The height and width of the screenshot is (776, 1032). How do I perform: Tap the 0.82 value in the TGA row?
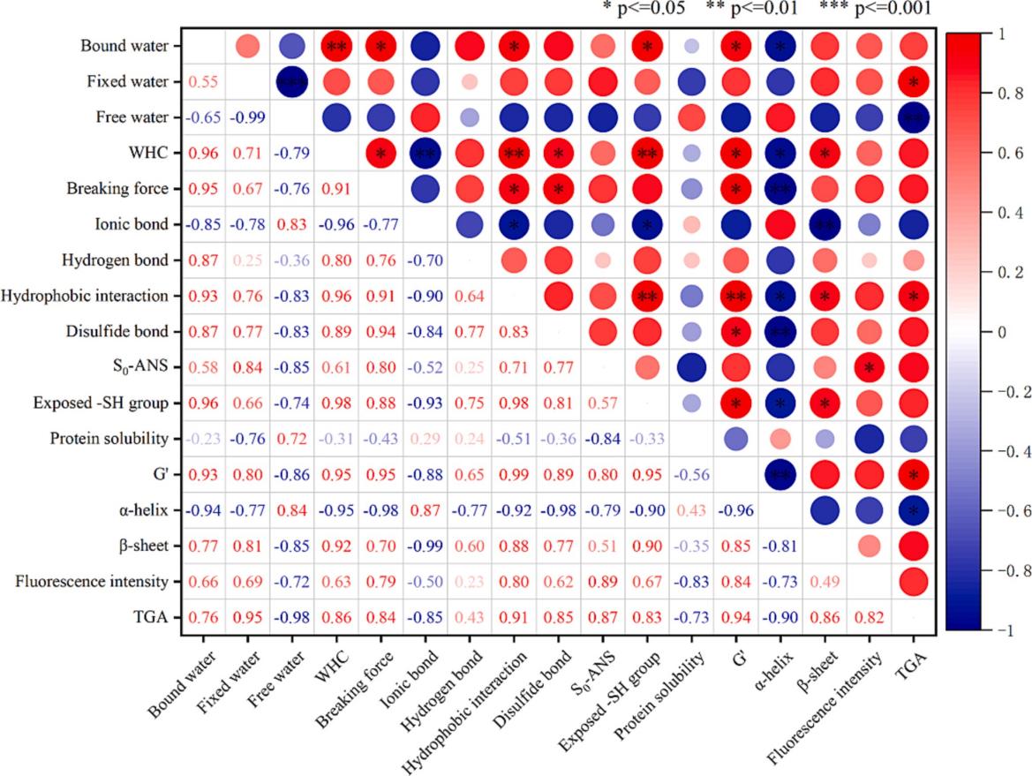pyautogui.click(x=869, y=617)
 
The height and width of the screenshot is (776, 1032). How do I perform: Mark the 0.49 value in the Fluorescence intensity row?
pyautogui.click(x=825, y=582)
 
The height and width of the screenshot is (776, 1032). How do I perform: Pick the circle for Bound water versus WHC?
pyautogui.click(x=335, y=46)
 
